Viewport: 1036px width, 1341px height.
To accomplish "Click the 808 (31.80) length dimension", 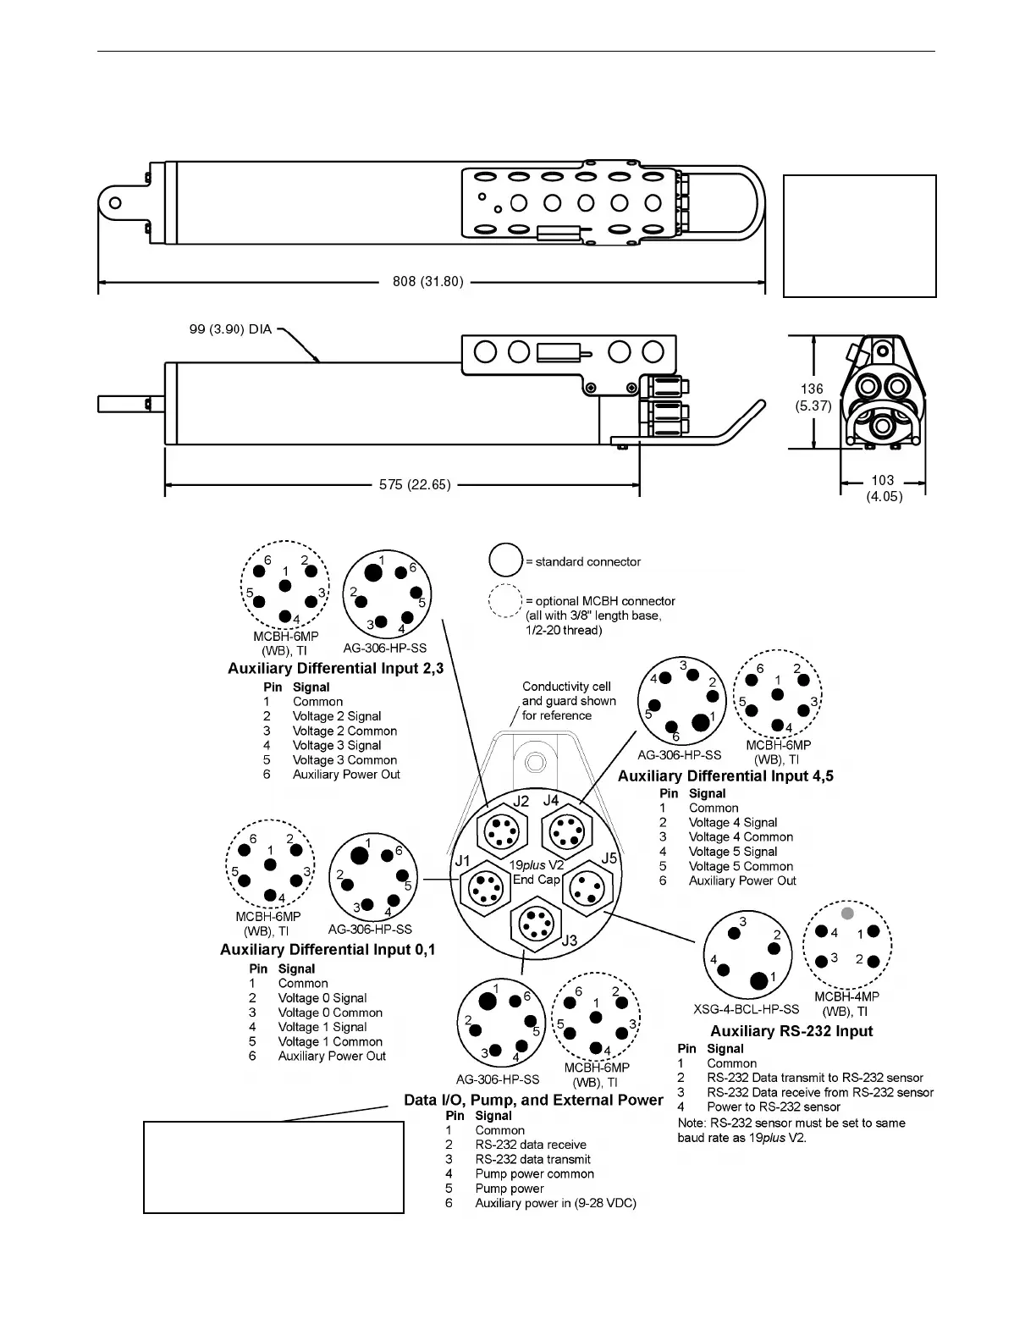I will click(428, 281).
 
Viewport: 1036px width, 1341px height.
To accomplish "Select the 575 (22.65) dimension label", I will click(415, 485).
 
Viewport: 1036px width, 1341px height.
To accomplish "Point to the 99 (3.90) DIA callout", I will click(230, 329).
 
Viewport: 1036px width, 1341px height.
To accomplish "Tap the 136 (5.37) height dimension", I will click(812, 397).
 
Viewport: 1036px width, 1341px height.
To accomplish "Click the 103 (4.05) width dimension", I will click(884, 488).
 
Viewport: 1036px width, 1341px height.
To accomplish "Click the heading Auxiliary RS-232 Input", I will click(791, 1031).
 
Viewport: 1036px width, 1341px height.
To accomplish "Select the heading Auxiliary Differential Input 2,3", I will click(335, 669).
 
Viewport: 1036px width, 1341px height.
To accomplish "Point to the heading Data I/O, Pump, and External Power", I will click(533, 1100).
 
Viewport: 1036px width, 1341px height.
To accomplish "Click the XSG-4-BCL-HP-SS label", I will click(746, 1009).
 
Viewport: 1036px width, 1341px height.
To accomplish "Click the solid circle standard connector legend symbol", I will click(506, 560).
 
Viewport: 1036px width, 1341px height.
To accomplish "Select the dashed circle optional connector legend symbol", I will click(506, 601).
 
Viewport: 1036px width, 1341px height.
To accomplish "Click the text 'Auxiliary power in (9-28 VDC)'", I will click(555, 1203).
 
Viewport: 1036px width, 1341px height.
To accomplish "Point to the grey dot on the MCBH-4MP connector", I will click(847, 913).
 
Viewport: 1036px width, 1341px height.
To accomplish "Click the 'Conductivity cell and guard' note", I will click(569, 701).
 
